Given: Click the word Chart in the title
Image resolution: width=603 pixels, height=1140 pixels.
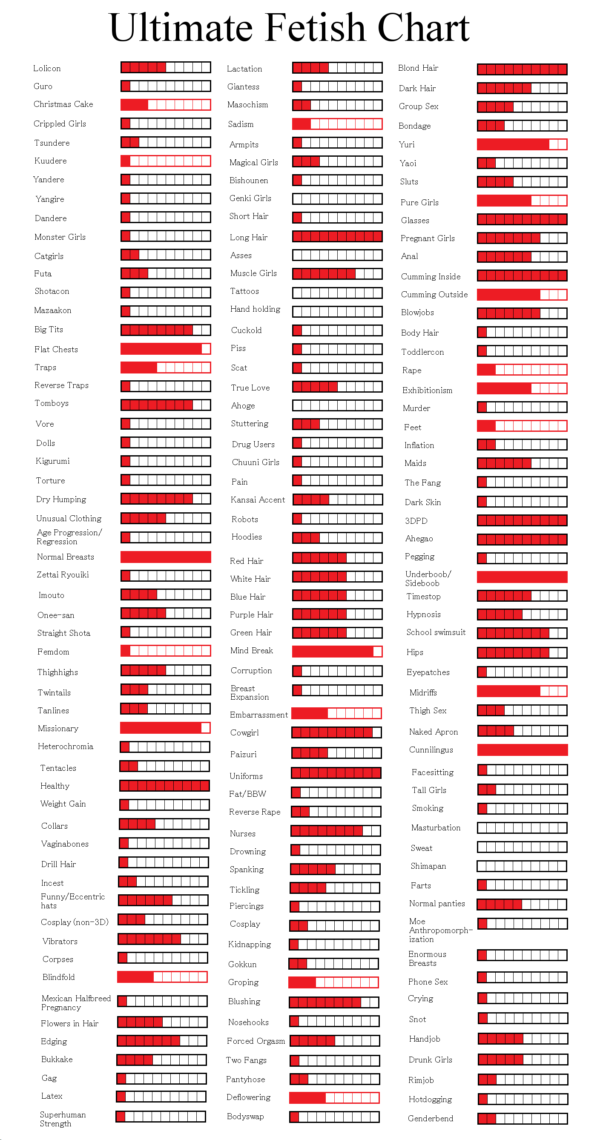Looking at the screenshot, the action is (423, 27).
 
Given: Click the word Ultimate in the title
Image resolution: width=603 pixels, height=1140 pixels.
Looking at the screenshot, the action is (181, 27).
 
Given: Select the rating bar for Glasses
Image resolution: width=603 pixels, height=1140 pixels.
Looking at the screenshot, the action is (522, 219).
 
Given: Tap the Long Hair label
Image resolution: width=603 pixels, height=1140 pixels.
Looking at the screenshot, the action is (249, 238).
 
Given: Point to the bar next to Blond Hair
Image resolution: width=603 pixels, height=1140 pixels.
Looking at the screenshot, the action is (522, 69).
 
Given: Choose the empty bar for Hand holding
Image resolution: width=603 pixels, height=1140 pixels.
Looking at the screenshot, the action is (337, 312).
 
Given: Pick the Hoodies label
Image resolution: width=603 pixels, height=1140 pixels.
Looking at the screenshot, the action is (247, 537).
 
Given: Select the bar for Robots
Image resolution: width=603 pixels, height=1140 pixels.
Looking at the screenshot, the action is (337, 518).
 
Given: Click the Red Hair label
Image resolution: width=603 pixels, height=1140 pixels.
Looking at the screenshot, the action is (247, 561).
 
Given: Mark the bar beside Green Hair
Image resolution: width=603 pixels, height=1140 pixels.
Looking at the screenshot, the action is (337, 633).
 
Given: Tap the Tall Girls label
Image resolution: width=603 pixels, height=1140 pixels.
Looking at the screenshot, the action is (429, 790).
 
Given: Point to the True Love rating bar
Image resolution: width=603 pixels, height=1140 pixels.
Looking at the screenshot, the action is (337, 387).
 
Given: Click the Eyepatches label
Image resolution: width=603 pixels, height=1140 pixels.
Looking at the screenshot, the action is (428, 673).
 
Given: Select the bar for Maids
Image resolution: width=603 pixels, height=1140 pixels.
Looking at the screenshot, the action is (522, 463).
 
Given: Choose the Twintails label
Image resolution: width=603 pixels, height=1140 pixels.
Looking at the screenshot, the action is (54, 692).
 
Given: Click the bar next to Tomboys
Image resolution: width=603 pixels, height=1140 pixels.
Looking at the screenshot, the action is (166, 405).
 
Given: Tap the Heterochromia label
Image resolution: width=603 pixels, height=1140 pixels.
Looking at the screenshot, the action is (66, 747).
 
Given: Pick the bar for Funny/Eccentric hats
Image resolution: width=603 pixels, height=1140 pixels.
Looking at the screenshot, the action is (163, 900).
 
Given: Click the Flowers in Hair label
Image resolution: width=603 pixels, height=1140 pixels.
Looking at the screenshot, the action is (69, 1024).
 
